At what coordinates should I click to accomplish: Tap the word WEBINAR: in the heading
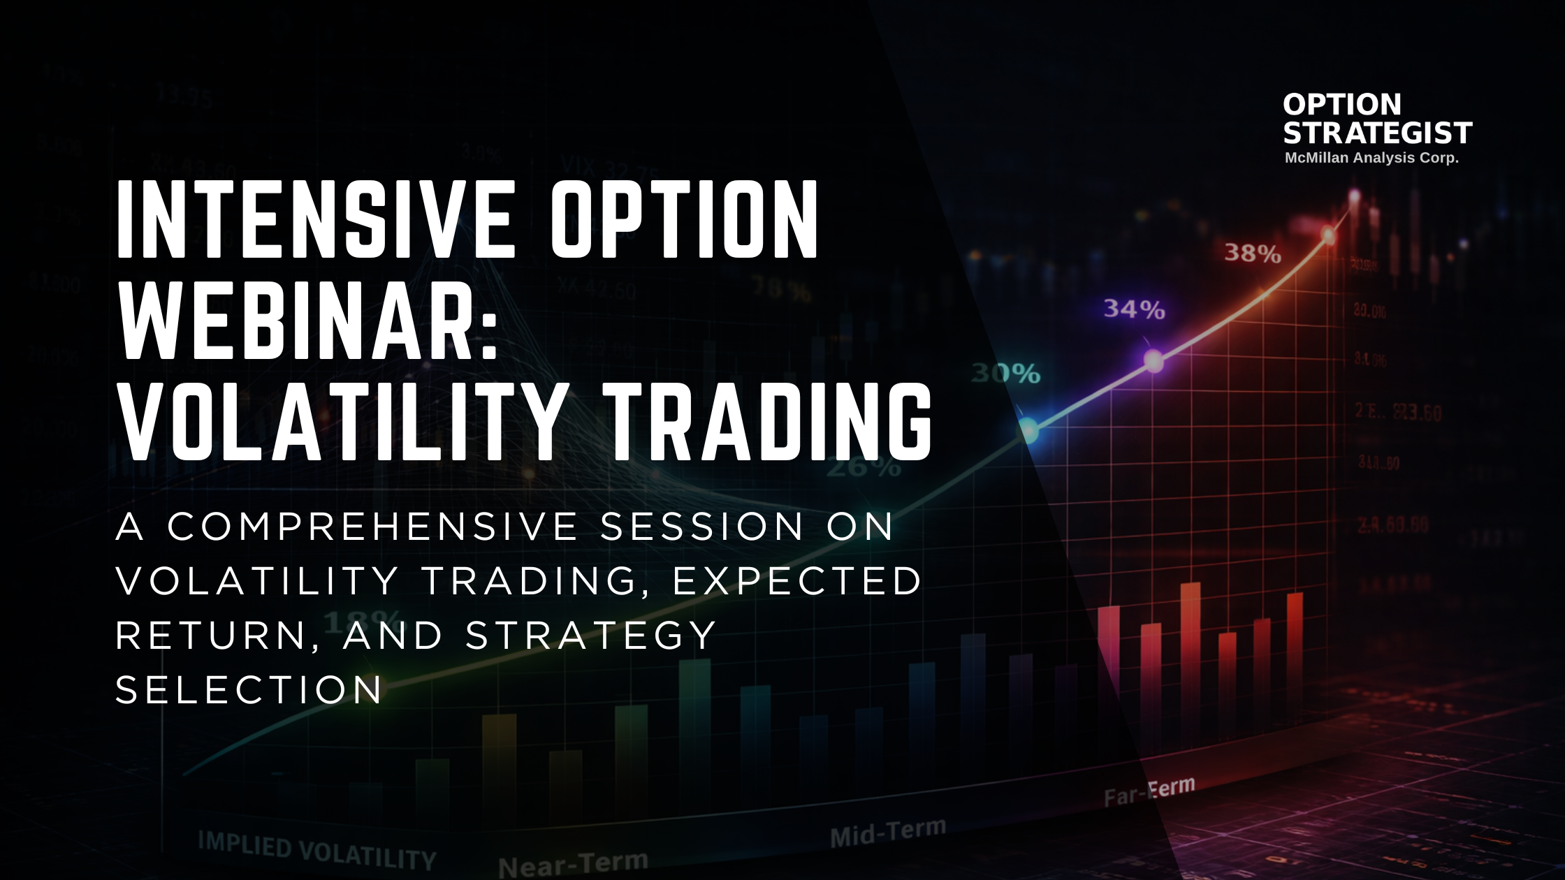pos(307,321)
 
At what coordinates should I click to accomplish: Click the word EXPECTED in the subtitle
pos(796,581)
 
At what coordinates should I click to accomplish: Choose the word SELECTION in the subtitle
pos(249,690)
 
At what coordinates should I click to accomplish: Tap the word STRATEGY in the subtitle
pos(591,636)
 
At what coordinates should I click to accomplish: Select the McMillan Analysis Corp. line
pos(1371,158)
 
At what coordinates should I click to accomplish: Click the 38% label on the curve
pos(1252,253)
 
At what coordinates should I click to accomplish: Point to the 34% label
pos(1133,309)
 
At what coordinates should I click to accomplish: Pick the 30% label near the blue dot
pos(1006,374)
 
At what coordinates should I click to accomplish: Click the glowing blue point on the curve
pos(1028,430)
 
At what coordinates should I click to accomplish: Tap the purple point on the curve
pos(1153,360)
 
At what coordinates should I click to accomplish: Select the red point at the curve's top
pos(1328,236)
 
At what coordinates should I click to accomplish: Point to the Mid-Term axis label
pos(887,833)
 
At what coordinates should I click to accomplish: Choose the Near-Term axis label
pos(573,865)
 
